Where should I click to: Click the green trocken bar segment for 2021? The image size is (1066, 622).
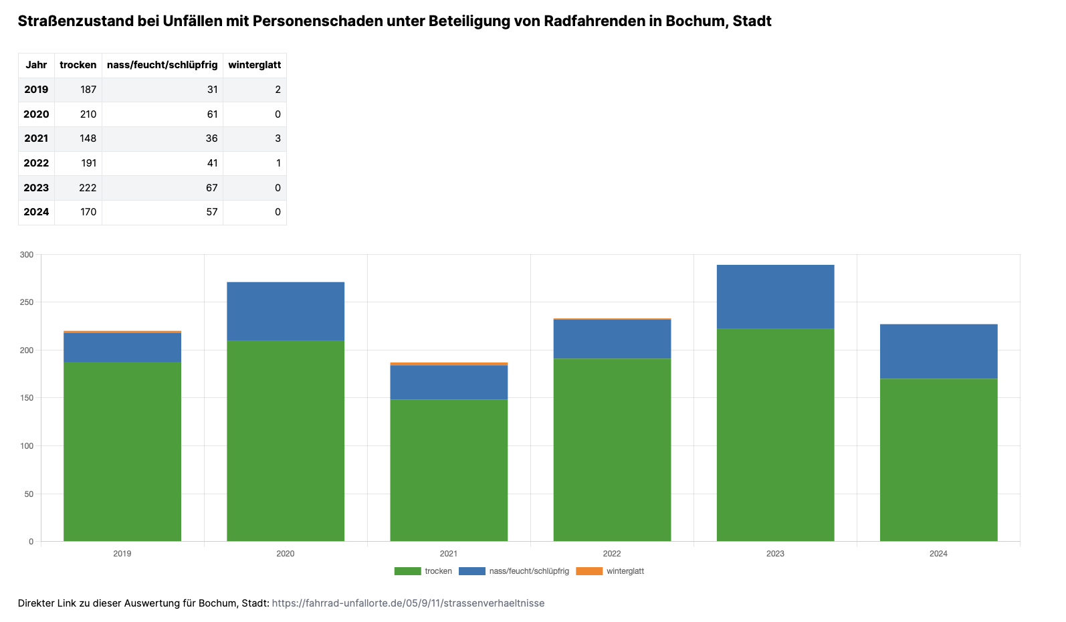click(449, 470)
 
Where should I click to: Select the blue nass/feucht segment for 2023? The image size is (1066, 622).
click(775, 296)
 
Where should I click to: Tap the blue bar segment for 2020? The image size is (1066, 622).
click(286, 311)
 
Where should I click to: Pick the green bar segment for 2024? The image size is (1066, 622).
click(938, 460)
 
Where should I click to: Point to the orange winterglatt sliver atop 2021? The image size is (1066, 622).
click(449, 364)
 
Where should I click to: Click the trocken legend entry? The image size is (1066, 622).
click(423, 571)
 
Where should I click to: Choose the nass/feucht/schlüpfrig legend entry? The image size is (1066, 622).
click(514, 571)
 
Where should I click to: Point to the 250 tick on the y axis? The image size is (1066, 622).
click(27, 302)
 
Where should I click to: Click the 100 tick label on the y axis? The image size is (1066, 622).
click(27, 446)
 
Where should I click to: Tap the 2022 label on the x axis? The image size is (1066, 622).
click(612, 554)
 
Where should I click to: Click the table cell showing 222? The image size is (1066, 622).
click(88, 188)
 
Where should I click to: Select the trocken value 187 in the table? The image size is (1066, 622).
click(88, 90)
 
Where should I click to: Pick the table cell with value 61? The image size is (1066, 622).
click(212, 114)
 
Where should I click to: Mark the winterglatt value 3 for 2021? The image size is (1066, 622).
click(278, 138)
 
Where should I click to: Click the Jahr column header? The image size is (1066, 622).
click(36, 65)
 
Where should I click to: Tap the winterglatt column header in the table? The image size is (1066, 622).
click(254, 65)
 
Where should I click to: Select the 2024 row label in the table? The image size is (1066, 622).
click(36, 212)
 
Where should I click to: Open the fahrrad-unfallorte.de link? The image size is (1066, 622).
click(408, 603)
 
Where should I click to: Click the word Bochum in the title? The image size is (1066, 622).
click(695, 21)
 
